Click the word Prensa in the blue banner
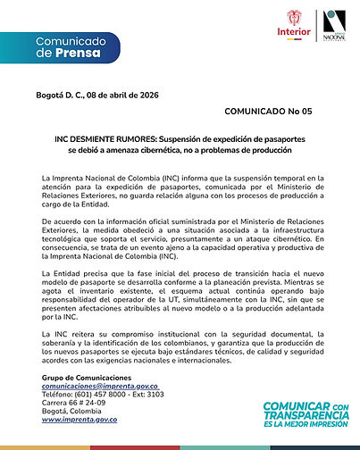point(80,54)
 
